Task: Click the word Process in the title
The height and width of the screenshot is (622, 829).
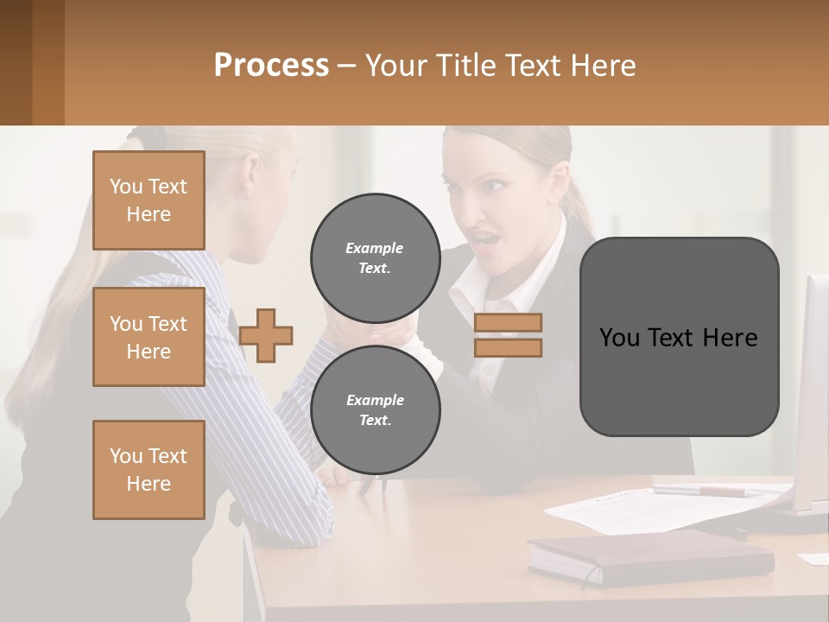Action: point(271,66)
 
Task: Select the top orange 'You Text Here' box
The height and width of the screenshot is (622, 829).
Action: point(149,200)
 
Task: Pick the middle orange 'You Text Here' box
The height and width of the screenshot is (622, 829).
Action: point(149,337)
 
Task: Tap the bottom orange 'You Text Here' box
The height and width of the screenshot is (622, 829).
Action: point(149,469)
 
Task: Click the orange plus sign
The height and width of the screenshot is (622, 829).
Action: point(266,335)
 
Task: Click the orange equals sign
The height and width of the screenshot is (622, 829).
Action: point(508,335)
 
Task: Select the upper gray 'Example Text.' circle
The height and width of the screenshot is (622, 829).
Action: point(375,257)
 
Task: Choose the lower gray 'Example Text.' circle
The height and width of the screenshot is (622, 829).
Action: point(375,409)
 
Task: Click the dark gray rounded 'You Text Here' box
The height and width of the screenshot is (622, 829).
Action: point(679,337)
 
